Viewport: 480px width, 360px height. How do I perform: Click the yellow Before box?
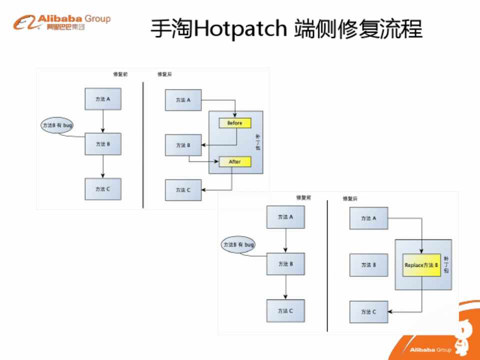(234, 123)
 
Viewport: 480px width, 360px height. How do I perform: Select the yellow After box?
(234, 161)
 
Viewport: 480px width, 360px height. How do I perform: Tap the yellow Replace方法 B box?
(421, 265)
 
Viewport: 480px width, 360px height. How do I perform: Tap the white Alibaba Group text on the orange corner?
(430, 350)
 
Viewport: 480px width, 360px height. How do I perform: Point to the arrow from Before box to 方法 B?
(220, 145)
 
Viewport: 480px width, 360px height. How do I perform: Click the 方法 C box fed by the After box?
(183, 190)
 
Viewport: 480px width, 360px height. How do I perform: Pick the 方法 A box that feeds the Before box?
(183, 100)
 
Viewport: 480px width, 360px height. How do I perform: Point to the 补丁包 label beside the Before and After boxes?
(257, 142)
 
